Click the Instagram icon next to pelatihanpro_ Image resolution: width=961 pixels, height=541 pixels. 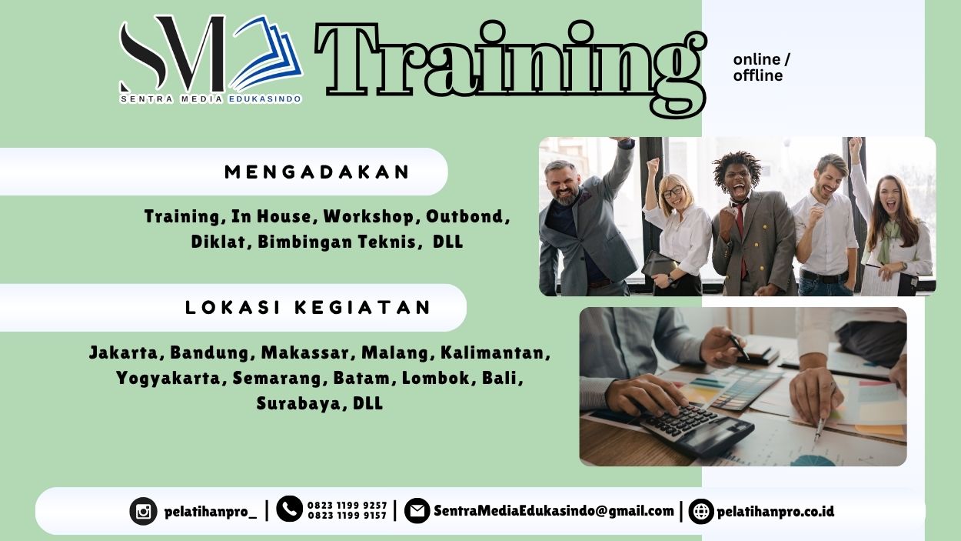143,511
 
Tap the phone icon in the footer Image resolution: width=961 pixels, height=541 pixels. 289,509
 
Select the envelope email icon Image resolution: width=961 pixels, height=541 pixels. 417,510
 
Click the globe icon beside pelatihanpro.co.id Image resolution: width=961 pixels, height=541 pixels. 701,511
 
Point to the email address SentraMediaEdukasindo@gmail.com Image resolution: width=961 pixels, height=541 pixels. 554,510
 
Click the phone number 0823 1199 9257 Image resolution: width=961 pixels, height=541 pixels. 347,506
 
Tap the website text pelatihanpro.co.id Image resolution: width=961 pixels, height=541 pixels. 775,511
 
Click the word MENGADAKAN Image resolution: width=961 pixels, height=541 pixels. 318,172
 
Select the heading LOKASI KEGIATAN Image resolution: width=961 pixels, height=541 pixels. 309,308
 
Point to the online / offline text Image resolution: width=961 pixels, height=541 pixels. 760,68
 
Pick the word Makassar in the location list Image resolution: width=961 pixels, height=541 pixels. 306,353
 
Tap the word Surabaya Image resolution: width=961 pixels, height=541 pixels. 300,403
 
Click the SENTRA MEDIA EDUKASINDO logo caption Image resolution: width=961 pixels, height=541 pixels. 211,99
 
